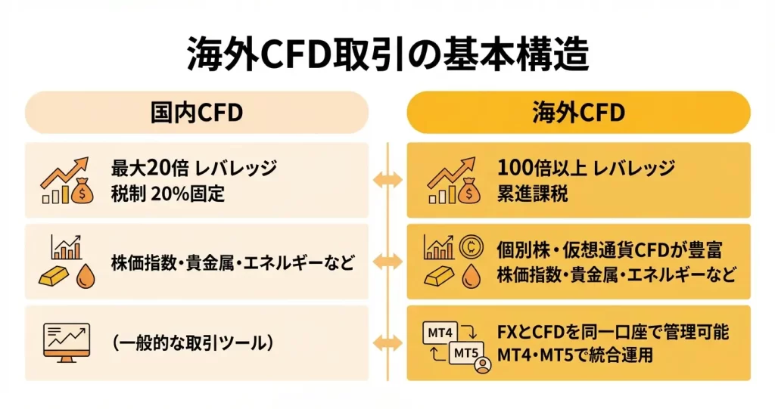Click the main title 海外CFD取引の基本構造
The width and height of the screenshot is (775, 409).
pos(387,56)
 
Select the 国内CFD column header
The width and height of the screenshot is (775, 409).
pos(197,113)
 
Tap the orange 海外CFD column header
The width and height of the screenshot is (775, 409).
pos(579,113)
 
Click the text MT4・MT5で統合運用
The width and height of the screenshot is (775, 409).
pos(574,355)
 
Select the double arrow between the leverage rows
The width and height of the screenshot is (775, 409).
pos(387,179)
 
